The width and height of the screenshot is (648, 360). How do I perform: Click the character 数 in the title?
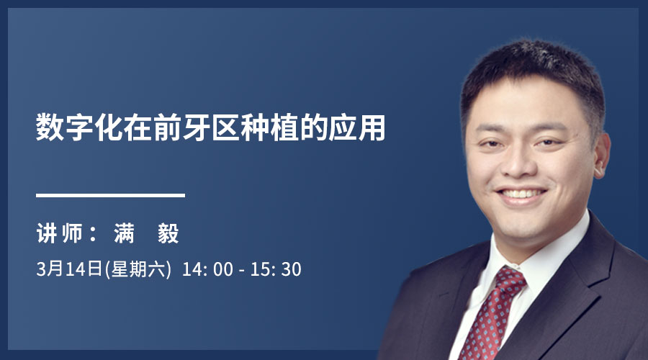pyautogui.click(x=50, y=127)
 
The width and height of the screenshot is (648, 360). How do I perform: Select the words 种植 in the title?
pyautogui.click(x=270, y=127)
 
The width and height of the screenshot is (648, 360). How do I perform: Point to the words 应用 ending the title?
pyautogui.click(x=357, y=127)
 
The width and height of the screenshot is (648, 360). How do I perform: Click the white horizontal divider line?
pyautogui.click(x=110, y=195)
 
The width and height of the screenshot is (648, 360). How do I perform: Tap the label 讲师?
pyautogui.click(x=60, y=233)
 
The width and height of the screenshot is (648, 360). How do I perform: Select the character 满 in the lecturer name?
pyautogui.click(x=124, y=233)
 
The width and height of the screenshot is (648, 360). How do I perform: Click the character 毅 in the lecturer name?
pyautogui.click(x=168, y=233)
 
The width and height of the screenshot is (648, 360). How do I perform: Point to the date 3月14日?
pyautogui.click(x=69, y=269)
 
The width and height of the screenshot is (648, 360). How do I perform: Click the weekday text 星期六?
pyautogui.click(x=138, y=269)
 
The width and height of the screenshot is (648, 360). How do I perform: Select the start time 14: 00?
pyautogui.click(x=207, y=269)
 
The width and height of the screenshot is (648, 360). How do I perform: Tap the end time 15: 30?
pyautogui.click(x=276, y=269)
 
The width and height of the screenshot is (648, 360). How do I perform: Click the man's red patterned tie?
pyautogui.click(x=490, y=314)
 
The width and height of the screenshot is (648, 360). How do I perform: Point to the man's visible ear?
pyautogui.click(x=602, y=155)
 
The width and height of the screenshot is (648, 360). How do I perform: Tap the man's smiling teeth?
pyautogui.click(x=521, y=194)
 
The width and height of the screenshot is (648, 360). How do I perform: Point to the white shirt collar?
pyautogui.click(x=537, y=261)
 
